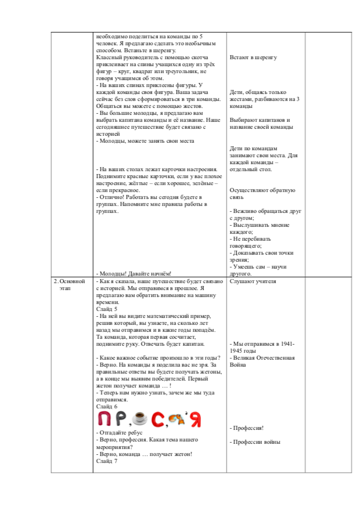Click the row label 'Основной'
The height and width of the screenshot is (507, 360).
pos(72,281)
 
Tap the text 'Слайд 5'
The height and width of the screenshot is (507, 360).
pos(106,309)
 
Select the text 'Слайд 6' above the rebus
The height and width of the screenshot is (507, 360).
pos(106,407)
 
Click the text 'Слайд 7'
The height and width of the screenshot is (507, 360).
pos(106,461)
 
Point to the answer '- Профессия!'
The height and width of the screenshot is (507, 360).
pos(247,428)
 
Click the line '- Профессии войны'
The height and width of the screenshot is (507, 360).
pos(255,442)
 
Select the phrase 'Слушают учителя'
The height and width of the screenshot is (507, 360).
pos(253,281)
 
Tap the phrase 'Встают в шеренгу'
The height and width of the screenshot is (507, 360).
pos(253,57)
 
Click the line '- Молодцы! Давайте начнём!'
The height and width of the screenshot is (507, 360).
pos(134,273)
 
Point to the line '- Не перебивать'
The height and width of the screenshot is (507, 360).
pos(251,238)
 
